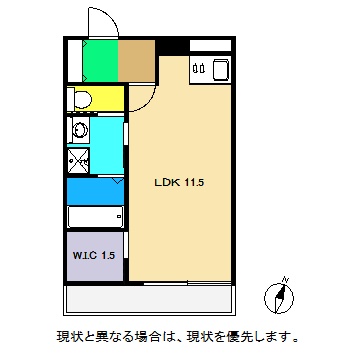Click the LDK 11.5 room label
[x=179, y=184]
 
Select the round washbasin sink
[x=78, y=129]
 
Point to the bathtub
[x=94, y=217]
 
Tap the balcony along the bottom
[x=151, y=298]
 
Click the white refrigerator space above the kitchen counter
[x=209, y=45]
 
